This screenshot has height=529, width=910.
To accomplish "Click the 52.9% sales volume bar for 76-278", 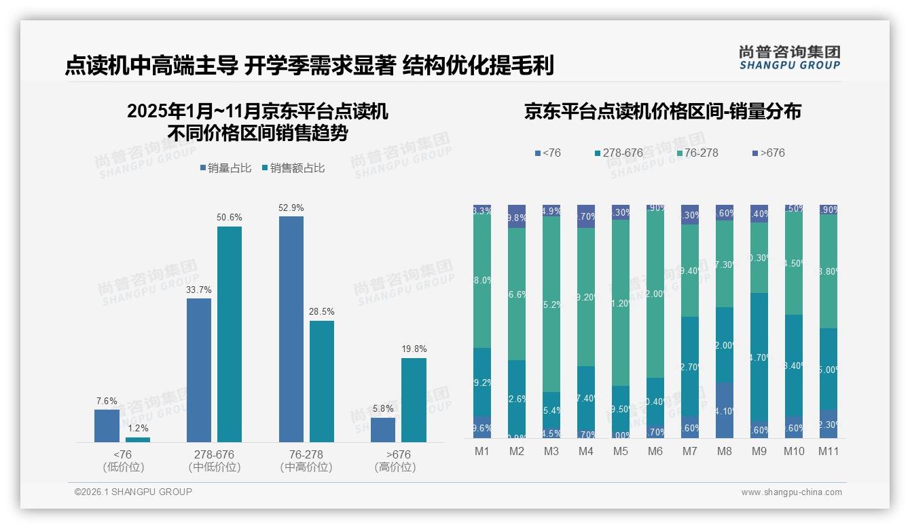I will click(x=291, y=329).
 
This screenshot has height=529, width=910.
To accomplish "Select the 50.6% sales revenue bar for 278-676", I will click(x=230, y=334).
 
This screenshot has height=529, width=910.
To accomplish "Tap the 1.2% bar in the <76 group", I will click(x=138, y=439).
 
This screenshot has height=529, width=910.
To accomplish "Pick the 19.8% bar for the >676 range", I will click(x=414, y=400).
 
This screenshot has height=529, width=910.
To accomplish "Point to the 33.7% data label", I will click(x=198, y=290).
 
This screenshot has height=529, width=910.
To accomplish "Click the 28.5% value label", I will click(x=321, y=311).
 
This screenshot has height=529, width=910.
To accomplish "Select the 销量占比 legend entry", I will click(x=230, y=168).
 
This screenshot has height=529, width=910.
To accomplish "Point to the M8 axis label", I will click(x=725, y=451).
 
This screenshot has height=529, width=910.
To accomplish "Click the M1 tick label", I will click(x=482, y=451).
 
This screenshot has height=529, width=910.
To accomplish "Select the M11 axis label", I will click(x=828, y=451).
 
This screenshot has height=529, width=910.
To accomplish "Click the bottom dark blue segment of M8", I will click(x=725, y=410).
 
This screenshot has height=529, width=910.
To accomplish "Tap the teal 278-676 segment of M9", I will click(x=759, y=357).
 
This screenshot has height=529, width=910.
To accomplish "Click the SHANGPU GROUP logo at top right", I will click(x=789, y=58).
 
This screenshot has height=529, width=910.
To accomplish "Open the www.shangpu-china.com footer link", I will click(x=791, y=492).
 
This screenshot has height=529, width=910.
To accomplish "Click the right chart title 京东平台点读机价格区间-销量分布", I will click(x=662, y=111).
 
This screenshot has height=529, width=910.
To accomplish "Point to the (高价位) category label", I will click(x=395, y=467).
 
